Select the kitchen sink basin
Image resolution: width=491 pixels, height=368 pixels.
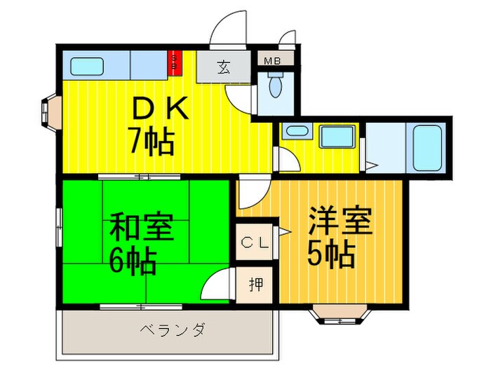tap(87, 67)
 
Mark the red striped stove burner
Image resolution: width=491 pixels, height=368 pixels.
tap(174, 64)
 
